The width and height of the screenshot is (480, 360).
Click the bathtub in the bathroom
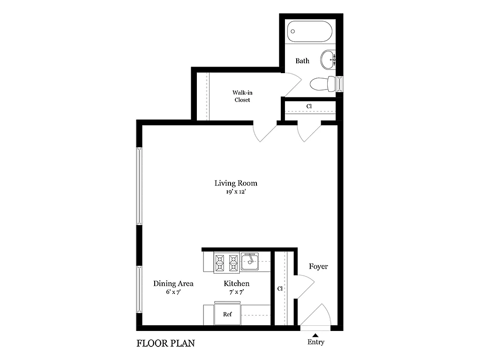point(310,32)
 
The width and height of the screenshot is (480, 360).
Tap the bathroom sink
point(328,60)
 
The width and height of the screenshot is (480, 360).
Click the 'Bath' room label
point(302,61)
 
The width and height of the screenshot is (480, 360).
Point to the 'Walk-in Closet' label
point(242,96)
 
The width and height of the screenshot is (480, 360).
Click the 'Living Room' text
point(236,183)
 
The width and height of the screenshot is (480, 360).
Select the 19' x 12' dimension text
point(236,192)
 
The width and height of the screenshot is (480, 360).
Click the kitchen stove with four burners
point(227,262)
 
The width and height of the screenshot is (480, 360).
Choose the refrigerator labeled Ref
point(227,314)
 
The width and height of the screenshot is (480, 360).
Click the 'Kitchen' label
point(236,284)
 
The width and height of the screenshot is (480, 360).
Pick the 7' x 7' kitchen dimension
point(236,292)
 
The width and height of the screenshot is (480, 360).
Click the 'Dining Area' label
point(173,284)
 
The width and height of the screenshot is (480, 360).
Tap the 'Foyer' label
point(318,267)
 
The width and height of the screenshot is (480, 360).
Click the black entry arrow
point(315,335)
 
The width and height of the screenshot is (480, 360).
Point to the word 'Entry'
point(315,342)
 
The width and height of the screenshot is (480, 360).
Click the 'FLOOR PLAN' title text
point(165,344)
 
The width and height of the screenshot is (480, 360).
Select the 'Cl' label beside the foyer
point(279,289)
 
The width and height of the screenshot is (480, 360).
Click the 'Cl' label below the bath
point(309,106)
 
